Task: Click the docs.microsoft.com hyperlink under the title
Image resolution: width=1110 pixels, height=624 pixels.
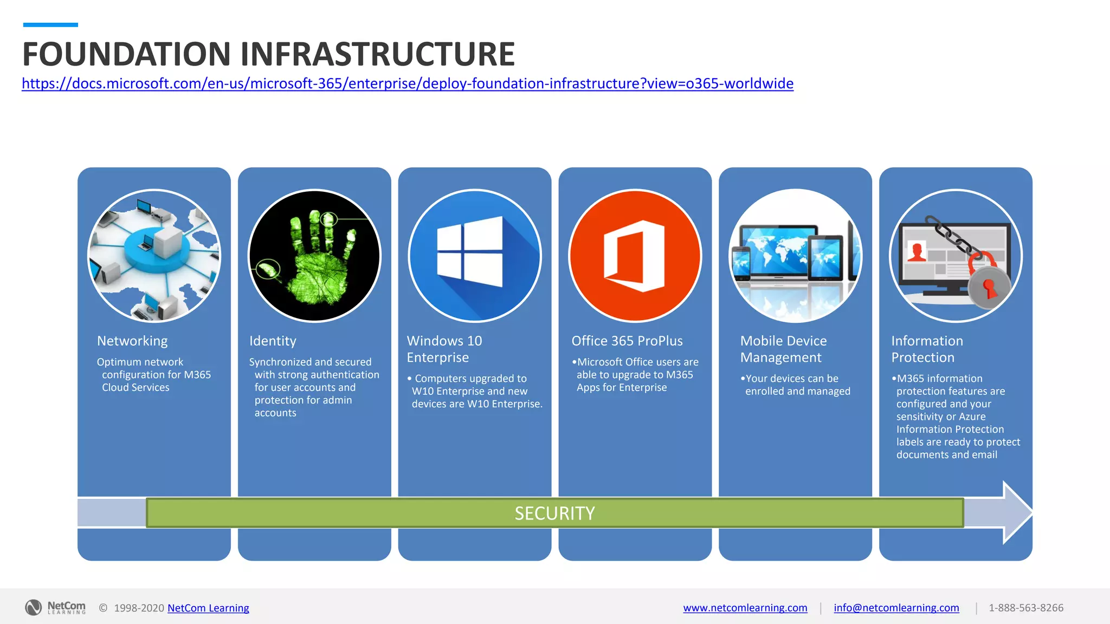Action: [x=407, y=83]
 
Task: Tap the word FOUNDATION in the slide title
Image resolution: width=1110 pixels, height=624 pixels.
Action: [x=127, y=54]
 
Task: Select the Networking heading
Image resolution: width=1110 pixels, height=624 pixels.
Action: [x=132, y=341]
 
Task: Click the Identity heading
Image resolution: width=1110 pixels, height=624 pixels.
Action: [x=273, y=341]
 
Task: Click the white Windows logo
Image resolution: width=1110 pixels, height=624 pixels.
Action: [x=470, y=251]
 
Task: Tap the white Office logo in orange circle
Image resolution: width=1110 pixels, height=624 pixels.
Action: [x=634, y=256]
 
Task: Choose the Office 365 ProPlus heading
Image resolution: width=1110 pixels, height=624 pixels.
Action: [x=627, y=341]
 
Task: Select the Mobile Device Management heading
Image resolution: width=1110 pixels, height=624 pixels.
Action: [x=783, y=349]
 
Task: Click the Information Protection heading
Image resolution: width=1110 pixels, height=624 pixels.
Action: [x=927, y=349]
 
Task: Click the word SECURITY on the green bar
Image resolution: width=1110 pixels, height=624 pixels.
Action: [x=554, y=513]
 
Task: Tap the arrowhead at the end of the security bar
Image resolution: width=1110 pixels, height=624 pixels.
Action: [x=1016, y=512]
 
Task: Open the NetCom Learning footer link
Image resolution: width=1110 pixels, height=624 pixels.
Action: [x=208, y=608]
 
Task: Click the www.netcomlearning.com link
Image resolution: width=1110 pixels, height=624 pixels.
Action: [x=745, y=608]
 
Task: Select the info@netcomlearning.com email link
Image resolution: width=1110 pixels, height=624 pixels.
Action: [x=896, y=608]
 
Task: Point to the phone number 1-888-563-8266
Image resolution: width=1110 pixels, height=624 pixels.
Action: [x=1025, y=608]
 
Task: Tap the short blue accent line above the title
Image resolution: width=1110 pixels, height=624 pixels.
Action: [x=50, y=25]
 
